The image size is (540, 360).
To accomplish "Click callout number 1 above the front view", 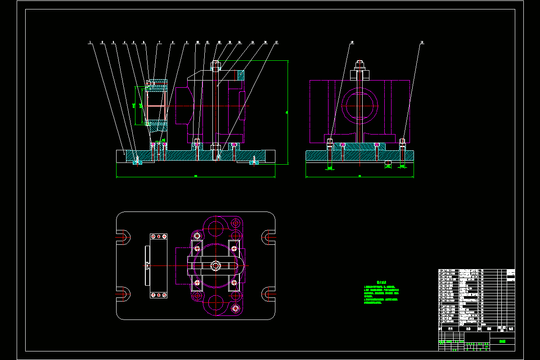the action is pos(90,42).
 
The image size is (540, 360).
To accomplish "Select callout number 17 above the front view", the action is pos(276,42).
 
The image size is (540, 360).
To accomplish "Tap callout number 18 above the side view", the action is pos(352,42).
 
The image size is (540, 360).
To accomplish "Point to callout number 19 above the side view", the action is pos(422,42).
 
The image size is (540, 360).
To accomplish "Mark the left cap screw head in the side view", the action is pos(330,142).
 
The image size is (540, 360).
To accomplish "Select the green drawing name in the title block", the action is pos(502,342).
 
